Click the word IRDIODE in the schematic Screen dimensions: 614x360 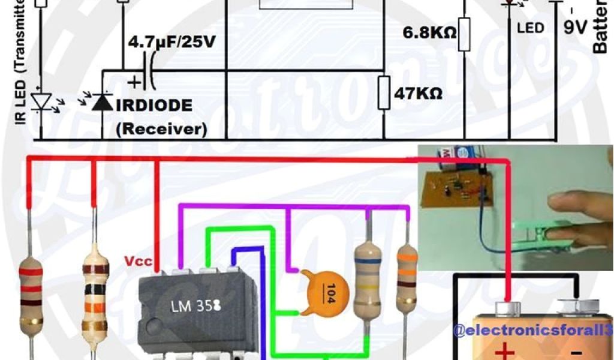tap(154, 106)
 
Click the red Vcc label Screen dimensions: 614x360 tap(137, 262)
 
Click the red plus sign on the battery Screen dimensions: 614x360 tap(505, 350)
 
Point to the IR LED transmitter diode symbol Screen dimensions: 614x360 tap(40, 102)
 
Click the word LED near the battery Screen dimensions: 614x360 tap(531, 28)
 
